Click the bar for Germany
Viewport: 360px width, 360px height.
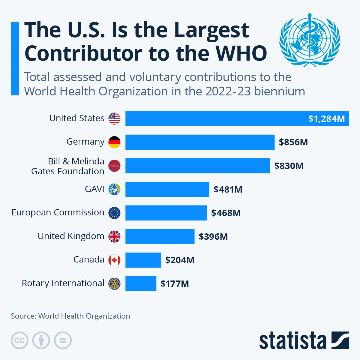200,142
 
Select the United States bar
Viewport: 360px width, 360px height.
237,118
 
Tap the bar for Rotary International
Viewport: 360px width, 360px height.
141,283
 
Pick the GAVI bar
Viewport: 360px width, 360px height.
167,189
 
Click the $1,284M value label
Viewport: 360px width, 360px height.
326,119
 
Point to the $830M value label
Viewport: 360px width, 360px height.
289,166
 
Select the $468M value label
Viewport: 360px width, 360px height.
226,213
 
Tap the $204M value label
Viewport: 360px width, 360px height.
180,260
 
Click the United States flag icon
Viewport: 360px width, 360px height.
114,118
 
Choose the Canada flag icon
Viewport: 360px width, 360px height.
114,260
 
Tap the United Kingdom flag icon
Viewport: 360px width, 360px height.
114,236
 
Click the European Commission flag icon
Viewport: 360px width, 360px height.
114,213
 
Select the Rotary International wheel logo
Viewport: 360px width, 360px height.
114,283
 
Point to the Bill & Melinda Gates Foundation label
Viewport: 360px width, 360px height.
68,166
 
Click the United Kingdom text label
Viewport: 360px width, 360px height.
71,236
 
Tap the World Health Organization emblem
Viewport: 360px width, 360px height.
310,40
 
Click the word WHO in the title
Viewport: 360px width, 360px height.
241,53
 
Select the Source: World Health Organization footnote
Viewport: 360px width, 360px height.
70,316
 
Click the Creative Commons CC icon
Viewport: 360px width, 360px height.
19,340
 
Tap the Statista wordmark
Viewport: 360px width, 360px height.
292,340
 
